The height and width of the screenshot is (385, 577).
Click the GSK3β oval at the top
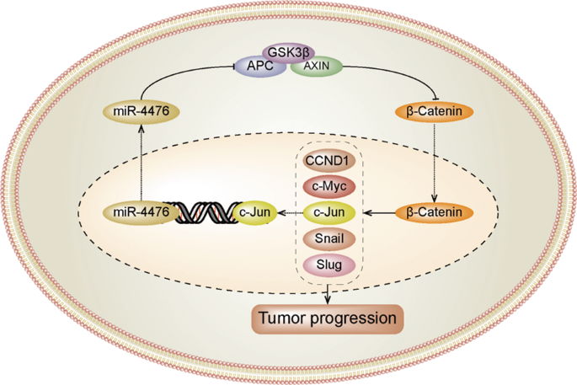(x=288, y=51)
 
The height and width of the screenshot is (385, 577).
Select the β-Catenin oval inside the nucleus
(x=432, y=211)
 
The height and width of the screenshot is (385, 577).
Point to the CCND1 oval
(x=329, y=161)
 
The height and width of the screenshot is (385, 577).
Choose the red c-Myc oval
(x=329, y=185)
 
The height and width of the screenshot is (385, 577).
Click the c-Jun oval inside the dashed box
(x=329, y=211)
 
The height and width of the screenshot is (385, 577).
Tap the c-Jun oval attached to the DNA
(x=252, y=211)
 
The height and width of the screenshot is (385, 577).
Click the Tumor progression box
(x=327, y=318)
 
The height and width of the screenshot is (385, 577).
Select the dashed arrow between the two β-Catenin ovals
(x=432, y=160)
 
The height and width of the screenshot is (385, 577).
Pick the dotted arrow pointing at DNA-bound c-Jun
(x=288, y=211)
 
